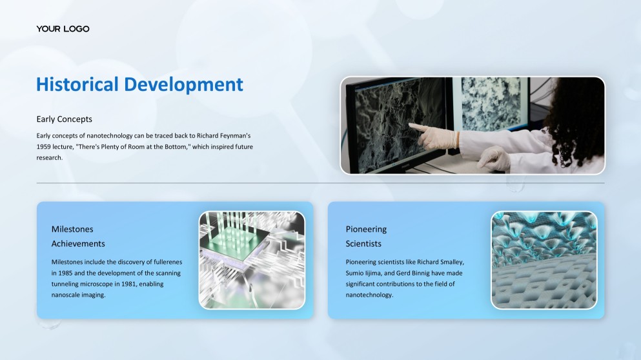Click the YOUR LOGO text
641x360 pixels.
click(x=63, y=29)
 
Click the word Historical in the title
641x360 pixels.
click(x=77, y=85)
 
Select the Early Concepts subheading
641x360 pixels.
click(x=64, y=119)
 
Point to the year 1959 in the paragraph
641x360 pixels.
click(x=43, y=146)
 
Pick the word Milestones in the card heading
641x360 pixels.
click(x=72, y=229)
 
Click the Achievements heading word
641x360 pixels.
click(x=78, y=243)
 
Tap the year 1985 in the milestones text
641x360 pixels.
click(x=65, y=273)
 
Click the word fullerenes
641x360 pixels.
click(x=168, y=262)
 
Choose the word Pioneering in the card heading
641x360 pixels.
click(x=366, y=229)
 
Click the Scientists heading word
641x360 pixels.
click(x=363, y=243)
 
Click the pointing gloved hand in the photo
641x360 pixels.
click(x=434, y=136)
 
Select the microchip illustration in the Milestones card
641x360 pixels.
click(x=252, y=260)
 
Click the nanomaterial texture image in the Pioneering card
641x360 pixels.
click(x=544, y=260)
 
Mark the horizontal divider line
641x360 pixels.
click(x=320, y=183)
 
